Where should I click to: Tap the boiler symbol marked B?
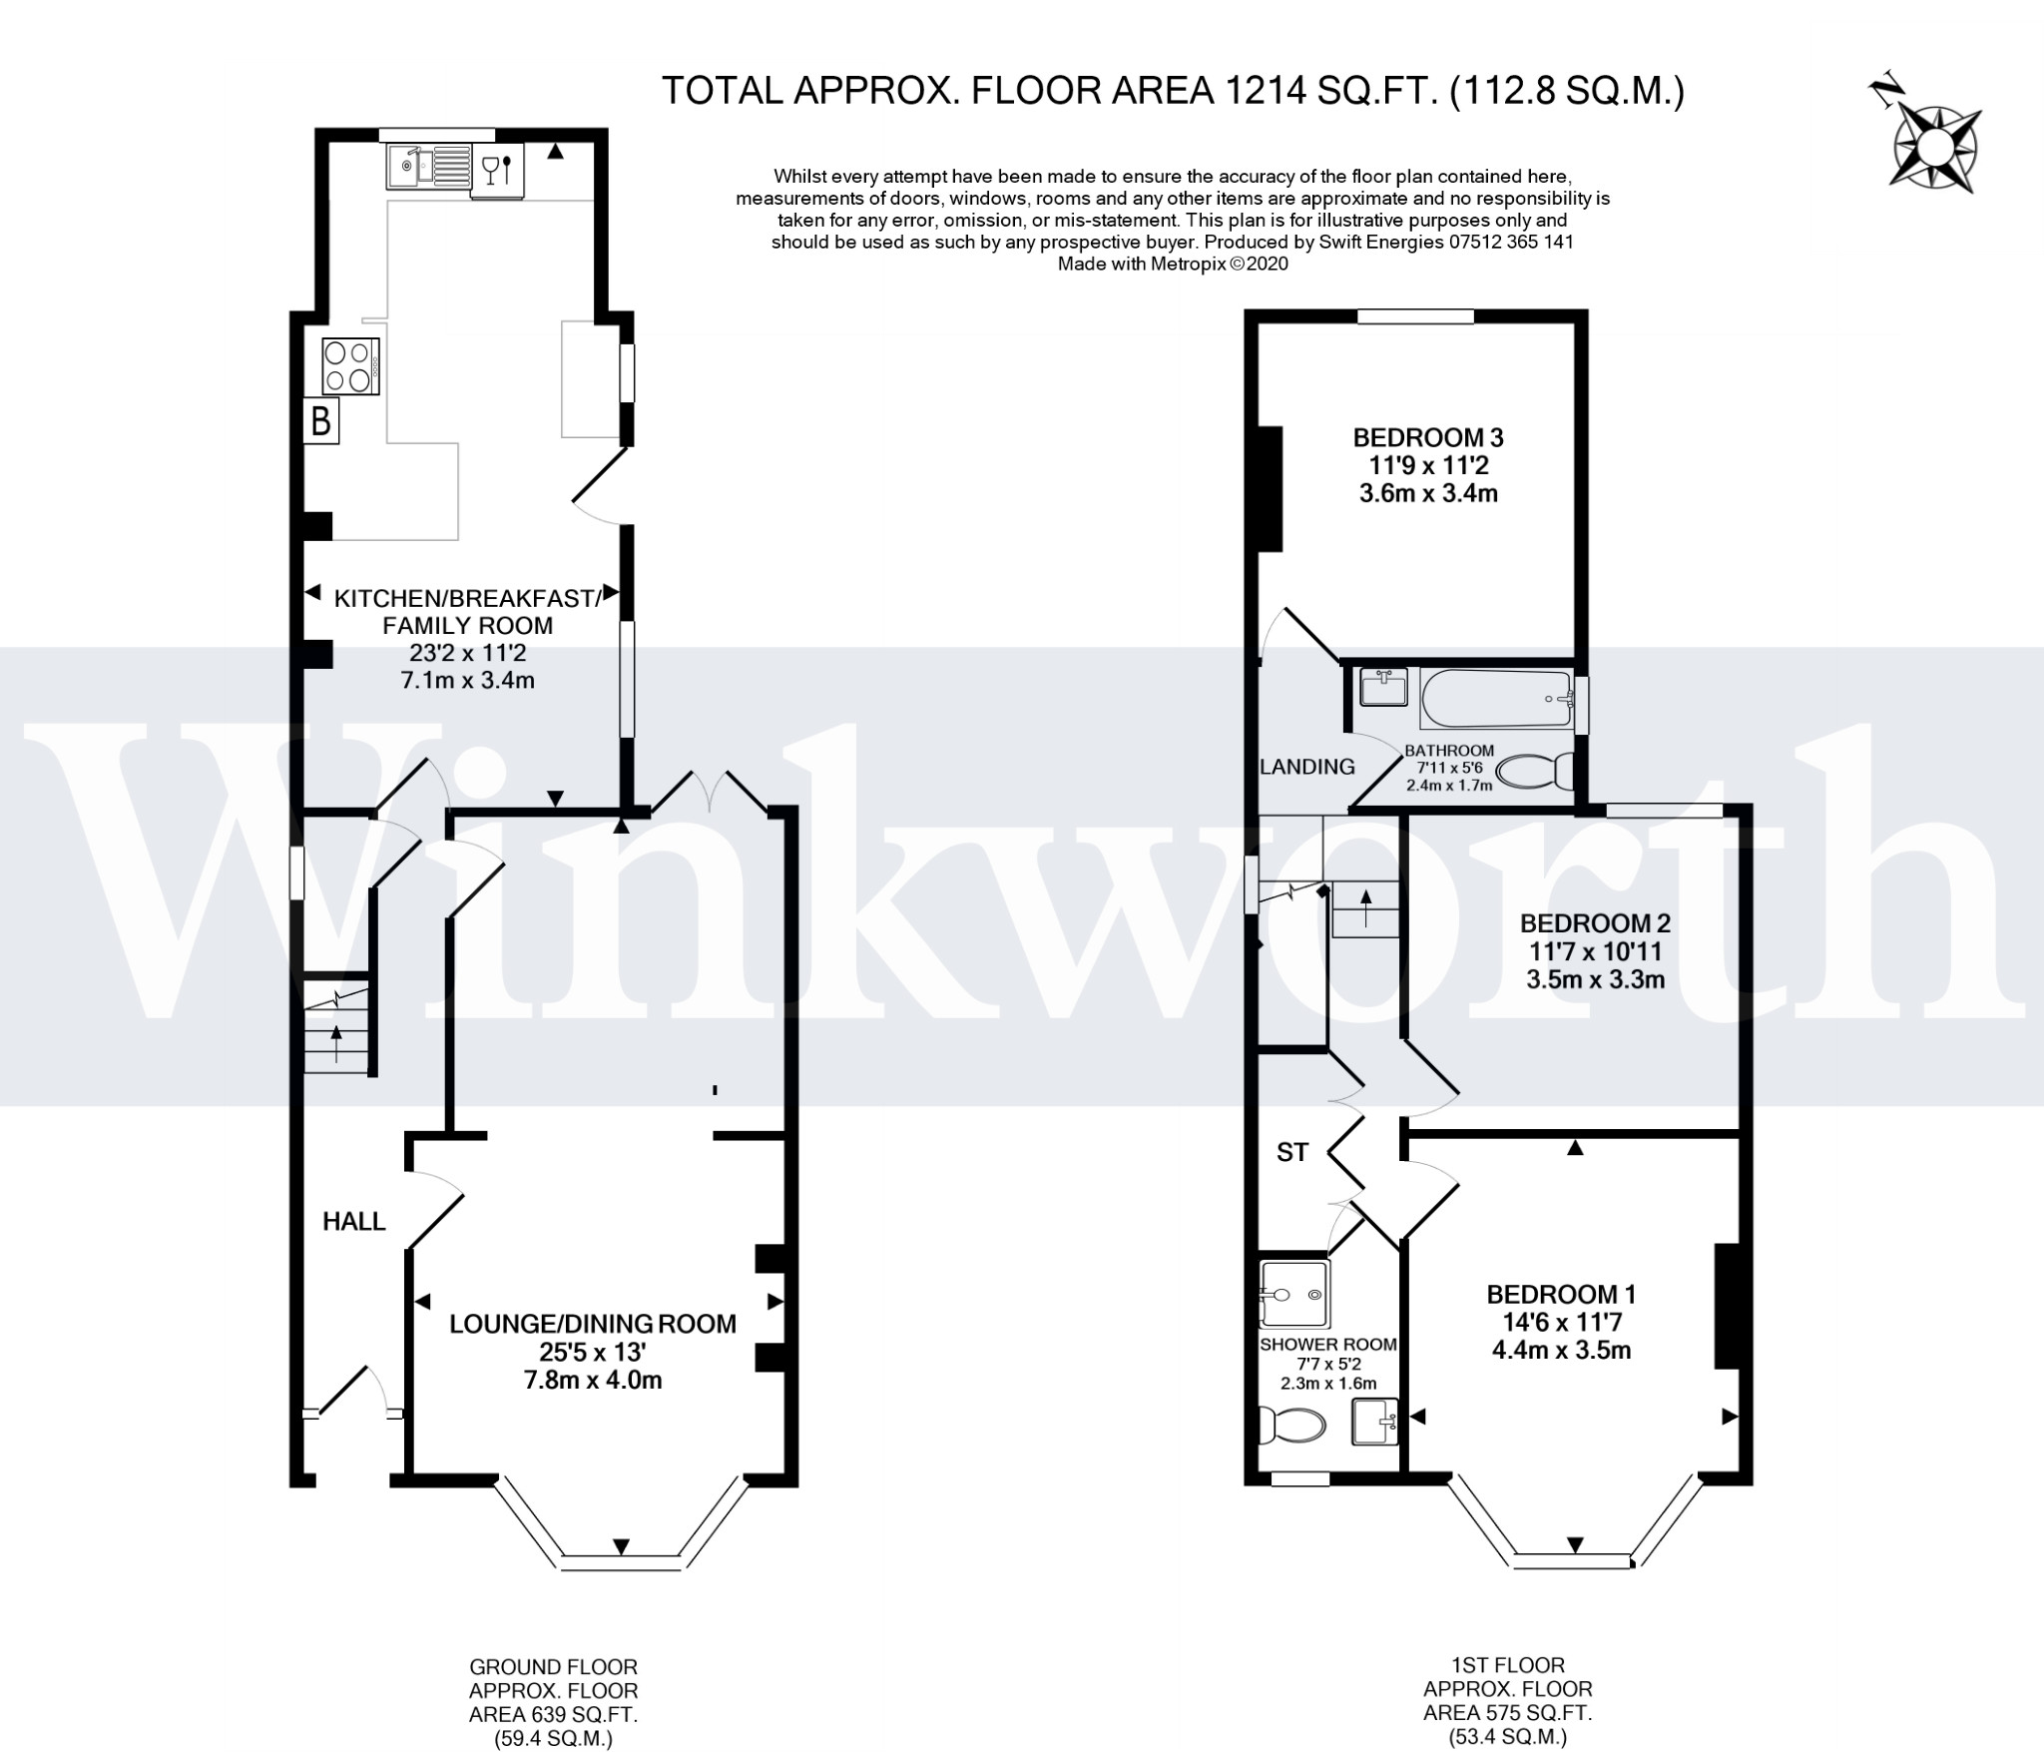click(x=321, y=421)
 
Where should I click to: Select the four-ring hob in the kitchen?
click(x=350, y=366)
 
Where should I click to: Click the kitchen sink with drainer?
click(x=428, y=167)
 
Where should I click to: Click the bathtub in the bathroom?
click(x=1495, y=700)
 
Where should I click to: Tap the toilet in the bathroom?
click(x=1537, y=772)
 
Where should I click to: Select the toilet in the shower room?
click(x=1291, y=1425)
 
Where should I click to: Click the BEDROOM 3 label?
click(x=1428, y=437)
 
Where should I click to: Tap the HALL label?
click(x=354, y=1221)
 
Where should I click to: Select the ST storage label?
click(x=1292, y=1153)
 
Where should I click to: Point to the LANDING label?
click(x=1307, y=767)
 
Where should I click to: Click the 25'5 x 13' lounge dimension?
click(x=593, y=1353)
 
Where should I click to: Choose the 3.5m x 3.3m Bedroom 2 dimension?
click(x=1595, y=979)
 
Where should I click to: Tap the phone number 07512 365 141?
click(x=1493, y=242)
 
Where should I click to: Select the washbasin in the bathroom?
click(x=1383, y=687)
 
